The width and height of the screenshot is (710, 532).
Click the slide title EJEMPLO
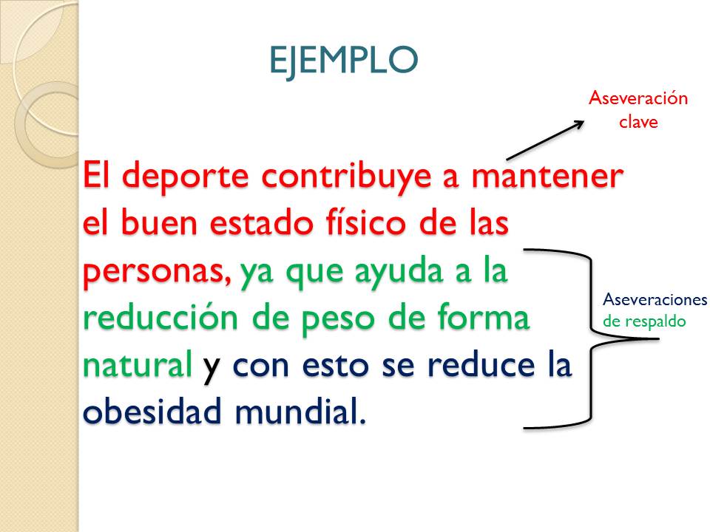point(343,60)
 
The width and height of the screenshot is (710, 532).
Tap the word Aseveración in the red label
point(638,98)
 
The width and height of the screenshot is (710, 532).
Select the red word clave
point(638,122)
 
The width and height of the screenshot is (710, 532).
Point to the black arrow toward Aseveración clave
point(546,140)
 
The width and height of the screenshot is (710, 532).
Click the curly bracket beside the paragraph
point(590,338)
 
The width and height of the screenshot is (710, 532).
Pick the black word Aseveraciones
point(655,300)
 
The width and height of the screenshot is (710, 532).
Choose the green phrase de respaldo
point(643,321)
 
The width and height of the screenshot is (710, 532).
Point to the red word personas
point(156,273)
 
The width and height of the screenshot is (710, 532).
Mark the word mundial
point(300,412)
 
